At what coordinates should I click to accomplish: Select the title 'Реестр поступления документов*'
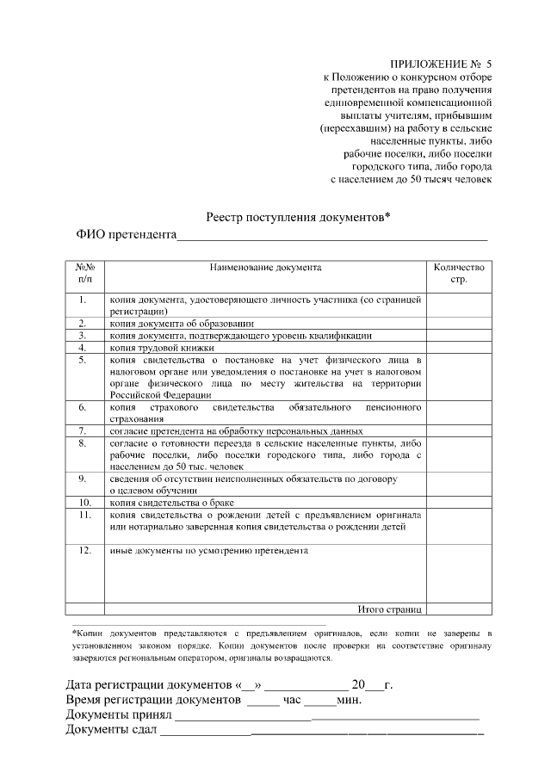tap(298, 218)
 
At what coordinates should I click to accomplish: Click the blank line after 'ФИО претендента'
tap(331, 236)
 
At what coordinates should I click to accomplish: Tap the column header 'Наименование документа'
tap(265, 268)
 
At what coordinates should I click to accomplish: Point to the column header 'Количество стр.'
tap(459, 274)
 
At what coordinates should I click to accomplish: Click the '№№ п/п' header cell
tap(85, 274)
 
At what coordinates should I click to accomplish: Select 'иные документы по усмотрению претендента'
tap(209, 549)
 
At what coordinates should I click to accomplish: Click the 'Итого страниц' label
tap(388, 609)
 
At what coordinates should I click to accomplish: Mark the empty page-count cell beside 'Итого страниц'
tap(459, 609)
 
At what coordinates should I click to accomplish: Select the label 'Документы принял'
tap(119, 716)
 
